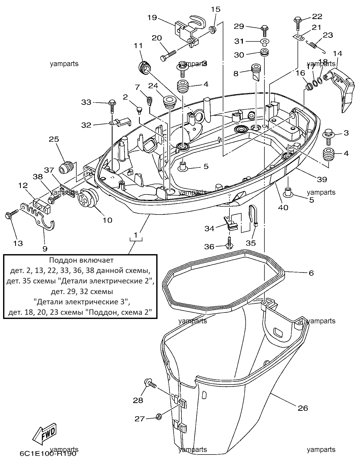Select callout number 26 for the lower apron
[303, 408]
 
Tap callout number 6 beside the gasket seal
[311, 273]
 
